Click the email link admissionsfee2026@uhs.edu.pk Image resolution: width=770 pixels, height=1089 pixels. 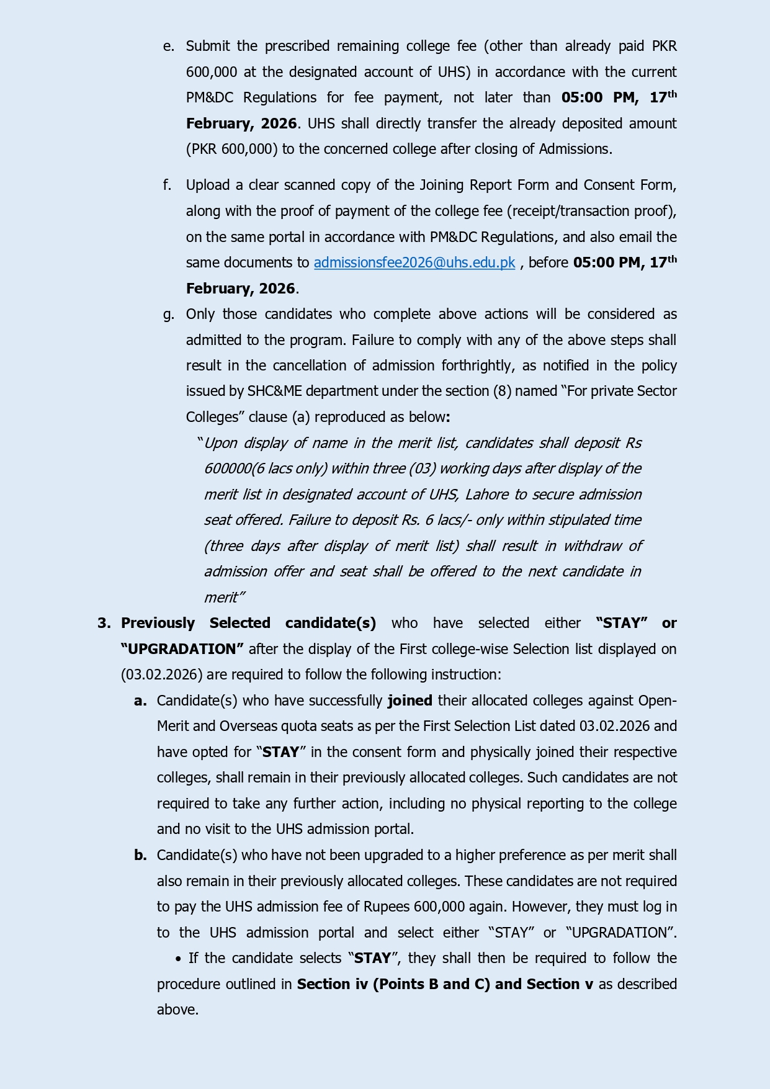pos(414,262)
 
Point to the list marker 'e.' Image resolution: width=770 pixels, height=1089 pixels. pos(168,47)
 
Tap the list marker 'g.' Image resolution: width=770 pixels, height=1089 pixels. pos(168,315)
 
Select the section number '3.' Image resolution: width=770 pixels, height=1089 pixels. pos(104,623)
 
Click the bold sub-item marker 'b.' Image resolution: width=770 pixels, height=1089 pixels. pos(140,855)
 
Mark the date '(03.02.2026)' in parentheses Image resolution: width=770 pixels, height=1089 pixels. pos(161,674)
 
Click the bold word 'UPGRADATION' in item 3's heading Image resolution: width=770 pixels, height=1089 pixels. pos(182,649)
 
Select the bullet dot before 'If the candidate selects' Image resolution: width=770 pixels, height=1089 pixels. pos(179,959)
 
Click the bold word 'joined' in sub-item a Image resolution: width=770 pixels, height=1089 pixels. pos(410,701)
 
